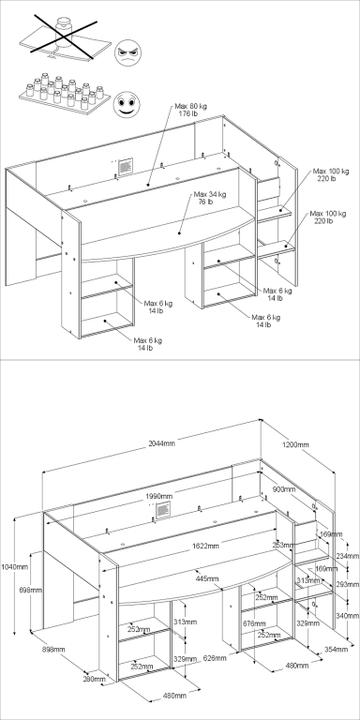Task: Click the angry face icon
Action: point(128,52)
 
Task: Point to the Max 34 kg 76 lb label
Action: point(209,197)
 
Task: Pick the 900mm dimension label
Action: point(283,490)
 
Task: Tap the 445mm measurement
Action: point(208,579)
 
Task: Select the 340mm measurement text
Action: point(345,616)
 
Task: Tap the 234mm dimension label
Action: point(346,556)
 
